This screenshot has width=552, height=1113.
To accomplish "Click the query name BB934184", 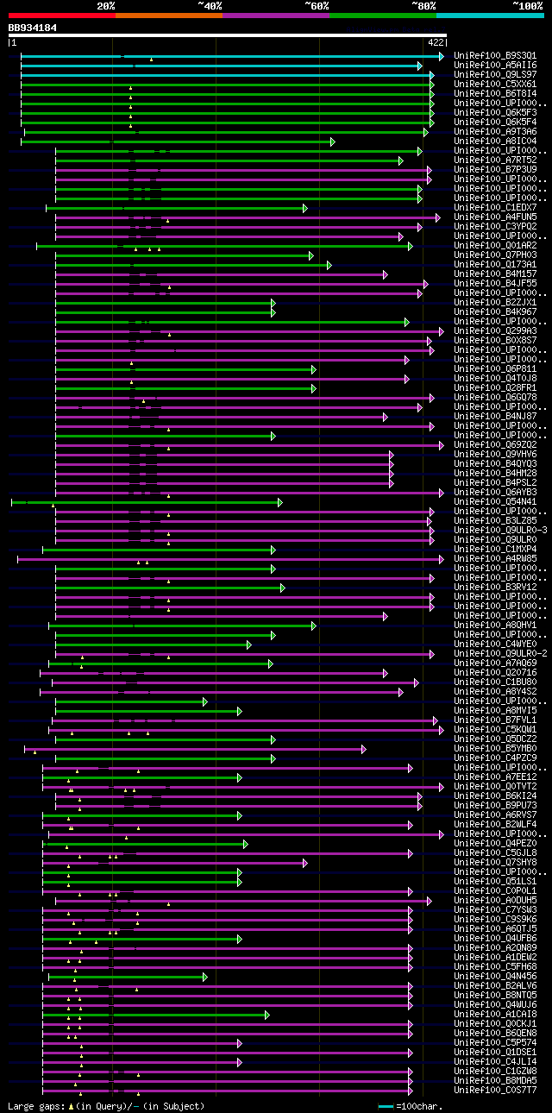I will (33, 28).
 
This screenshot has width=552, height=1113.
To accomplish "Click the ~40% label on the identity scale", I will (210, 5).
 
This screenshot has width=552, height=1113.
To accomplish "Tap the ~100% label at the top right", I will (527, 5).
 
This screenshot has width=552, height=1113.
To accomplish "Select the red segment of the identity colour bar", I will (61, 15).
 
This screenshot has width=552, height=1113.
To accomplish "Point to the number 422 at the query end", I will (435, 41).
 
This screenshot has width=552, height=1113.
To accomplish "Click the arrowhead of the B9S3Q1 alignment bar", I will (441, 56).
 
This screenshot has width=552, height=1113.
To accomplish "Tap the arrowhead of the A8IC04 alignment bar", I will (332, 141).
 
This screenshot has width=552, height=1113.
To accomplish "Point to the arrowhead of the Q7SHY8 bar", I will (304, 863).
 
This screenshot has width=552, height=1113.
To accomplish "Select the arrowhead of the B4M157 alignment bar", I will (385, 274).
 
